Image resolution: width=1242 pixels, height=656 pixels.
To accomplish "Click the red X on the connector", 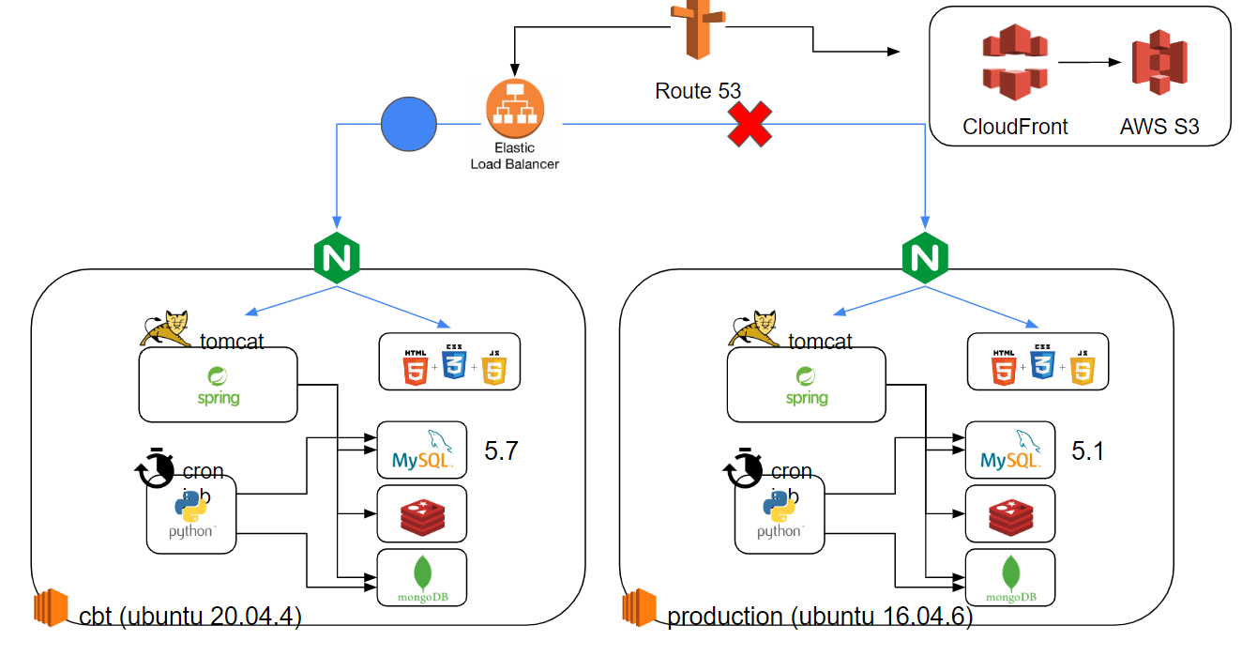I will (x=750, y=124).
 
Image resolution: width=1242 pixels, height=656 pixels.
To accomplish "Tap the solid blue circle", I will (x=409, y=124).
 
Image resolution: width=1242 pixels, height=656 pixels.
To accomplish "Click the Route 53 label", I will (x=698, y=91).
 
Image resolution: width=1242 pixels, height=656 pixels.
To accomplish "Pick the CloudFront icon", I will (x=1014, y=63).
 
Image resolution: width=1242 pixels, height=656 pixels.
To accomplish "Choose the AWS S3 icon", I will (x=1159, y=63).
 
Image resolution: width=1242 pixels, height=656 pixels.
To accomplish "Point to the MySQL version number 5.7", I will (x=501, y=451).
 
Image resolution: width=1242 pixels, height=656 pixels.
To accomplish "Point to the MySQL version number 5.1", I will (x=1088, y=451).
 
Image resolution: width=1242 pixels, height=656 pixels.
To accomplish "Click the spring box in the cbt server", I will (x=218, y=385).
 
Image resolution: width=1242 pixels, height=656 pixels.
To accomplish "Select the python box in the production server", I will (x=780, y=514).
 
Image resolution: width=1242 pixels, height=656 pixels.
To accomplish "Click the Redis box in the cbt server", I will (x=421, y=513).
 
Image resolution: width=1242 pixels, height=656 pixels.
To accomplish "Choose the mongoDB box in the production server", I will (x=1010, y=577).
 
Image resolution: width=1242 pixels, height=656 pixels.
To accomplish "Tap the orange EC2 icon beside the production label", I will (x=640, y=607).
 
